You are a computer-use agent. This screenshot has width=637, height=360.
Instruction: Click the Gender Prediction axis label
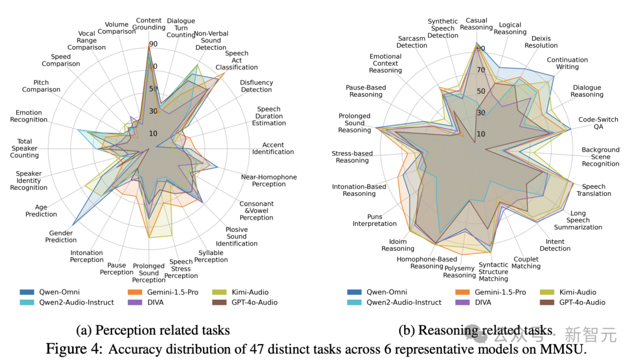coord(61,236)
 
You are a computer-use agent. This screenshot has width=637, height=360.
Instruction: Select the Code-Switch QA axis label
coord(598,123)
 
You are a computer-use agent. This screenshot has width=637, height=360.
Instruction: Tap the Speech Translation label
coord(593,190)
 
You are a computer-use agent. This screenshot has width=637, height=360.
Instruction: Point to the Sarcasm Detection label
coord(412,41)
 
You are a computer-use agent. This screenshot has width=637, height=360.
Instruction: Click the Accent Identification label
coord(273,148)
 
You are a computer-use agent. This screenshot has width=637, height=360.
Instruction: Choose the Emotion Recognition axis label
coord(28,116)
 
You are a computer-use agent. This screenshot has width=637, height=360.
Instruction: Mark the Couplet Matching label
coord(526,262)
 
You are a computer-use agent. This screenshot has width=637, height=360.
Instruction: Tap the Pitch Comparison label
coord(41,86)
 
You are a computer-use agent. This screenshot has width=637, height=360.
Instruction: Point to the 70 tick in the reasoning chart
coord(481,70)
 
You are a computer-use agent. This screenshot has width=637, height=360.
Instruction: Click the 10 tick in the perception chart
coord(153,133)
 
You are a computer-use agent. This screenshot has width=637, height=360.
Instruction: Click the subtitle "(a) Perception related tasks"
coord(153,330)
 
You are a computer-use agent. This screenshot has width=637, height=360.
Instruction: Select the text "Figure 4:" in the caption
coord(75,348)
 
